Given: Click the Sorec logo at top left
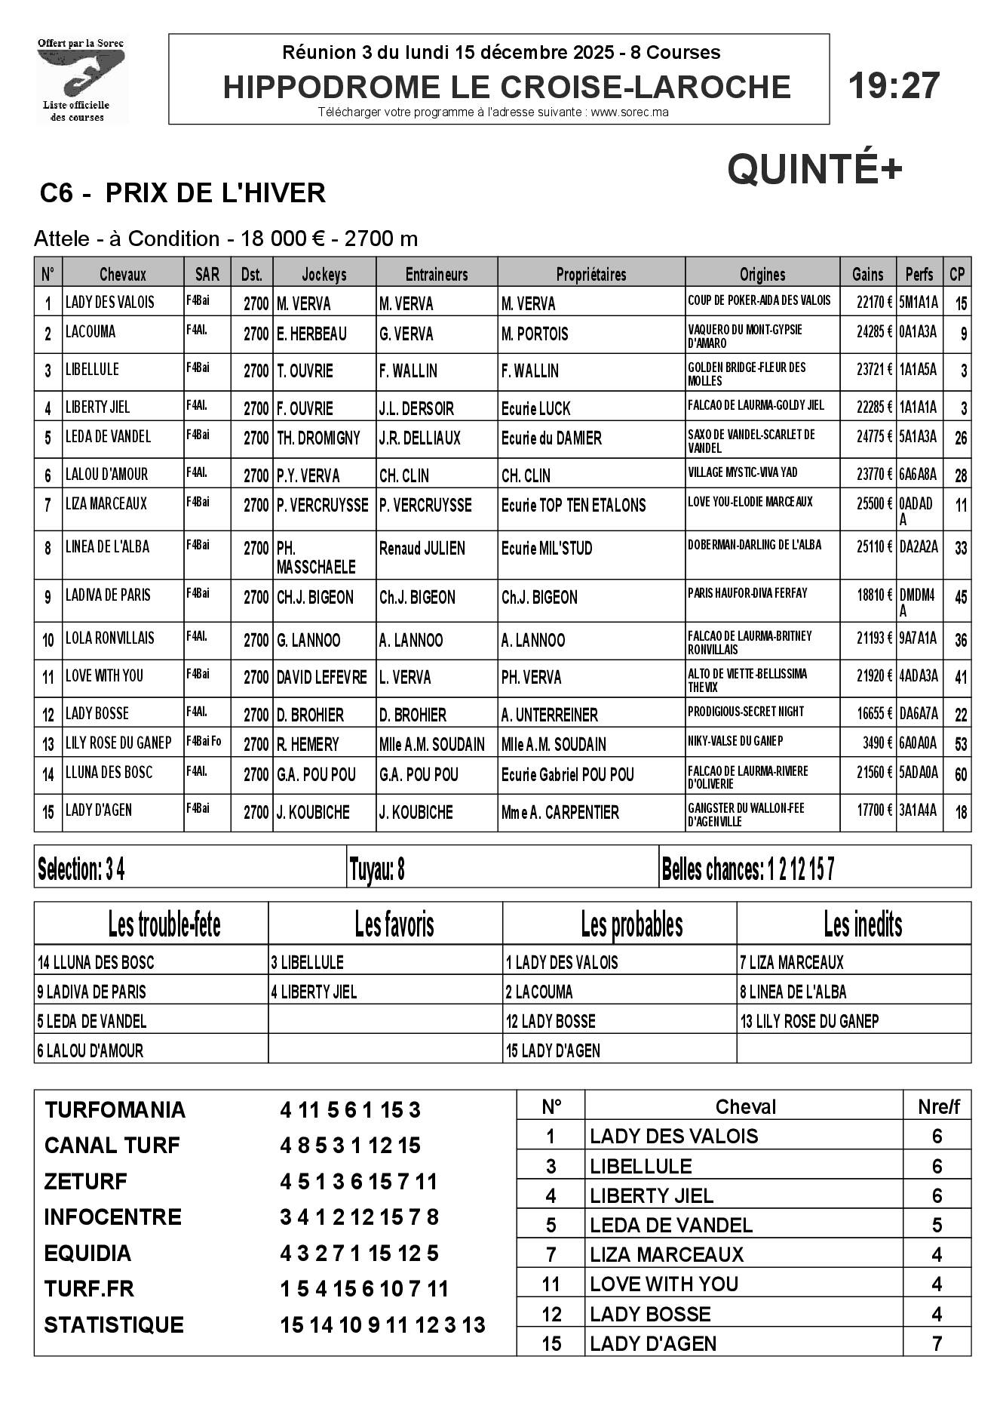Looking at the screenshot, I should click(x=82, y=78).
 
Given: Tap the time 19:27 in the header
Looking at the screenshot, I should click(x=894, y=85).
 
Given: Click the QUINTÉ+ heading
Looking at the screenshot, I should click(x=814, y=168).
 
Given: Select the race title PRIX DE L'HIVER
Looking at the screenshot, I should click(x=215, y=193).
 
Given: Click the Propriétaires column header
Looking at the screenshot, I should click(x=590, y=274).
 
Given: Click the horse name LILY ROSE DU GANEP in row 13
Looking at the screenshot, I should click(x=118, y=743).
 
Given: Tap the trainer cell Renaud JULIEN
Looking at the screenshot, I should click(x=422, y=549).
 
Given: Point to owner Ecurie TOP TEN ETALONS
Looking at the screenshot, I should click(x=573, y=505).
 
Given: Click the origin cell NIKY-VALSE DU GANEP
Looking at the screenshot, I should click(x=735, y=741).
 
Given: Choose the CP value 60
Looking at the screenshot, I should click(x=960, y=774).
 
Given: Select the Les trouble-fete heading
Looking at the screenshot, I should click(x=164, y=924).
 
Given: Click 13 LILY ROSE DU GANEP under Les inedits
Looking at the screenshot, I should click(x=809, y=1021).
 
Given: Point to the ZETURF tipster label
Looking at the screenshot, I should click(x=86, y=1181).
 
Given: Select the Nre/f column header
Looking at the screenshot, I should click(x=937, y=1106).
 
